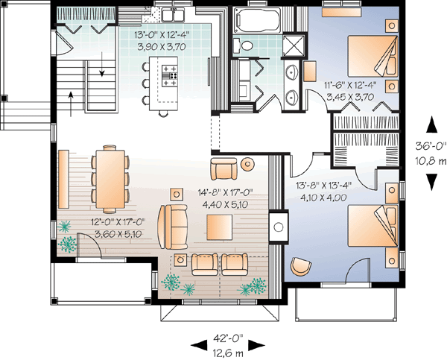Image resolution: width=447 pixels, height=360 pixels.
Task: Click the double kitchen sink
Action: [x=174, y=14]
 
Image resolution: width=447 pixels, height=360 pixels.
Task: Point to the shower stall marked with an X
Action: [x=296, y=45]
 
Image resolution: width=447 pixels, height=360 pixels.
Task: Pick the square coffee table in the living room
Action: [x=220, y=224]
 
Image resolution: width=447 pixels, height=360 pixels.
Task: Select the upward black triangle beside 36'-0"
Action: [x=430, y=124]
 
